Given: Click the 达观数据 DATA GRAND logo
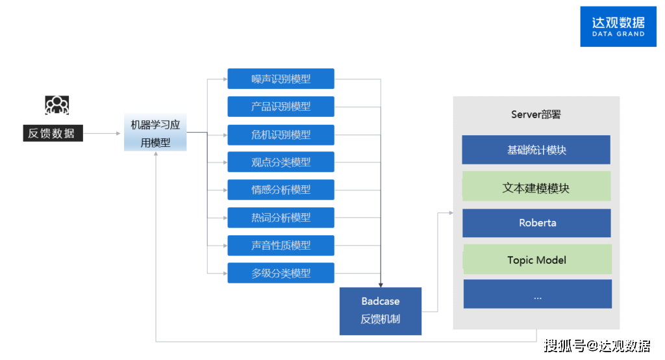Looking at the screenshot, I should (618, 27).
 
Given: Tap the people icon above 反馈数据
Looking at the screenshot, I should (56, 105).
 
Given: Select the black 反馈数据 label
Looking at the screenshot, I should (52, 134).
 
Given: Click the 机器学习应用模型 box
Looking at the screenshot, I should (155, 133).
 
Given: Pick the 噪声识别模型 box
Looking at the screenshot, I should (281, 79).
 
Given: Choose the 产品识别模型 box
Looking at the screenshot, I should (281, 107).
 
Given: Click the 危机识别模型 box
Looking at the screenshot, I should (281, 135).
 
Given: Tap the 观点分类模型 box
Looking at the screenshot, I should (281, 162).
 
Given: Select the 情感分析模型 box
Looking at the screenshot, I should (281, 190).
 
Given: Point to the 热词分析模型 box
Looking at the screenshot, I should (281, 218).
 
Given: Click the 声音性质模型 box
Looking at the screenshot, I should (281, 246).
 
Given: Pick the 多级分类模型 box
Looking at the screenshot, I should (281, 273).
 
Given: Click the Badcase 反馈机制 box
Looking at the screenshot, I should (381, 311).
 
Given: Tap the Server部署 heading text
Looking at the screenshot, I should (536, 115).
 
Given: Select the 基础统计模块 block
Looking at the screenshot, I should (536, 150).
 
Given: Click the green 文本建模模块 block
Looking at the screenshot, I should (536, 188).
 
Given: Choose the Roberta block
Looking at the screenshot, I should (536, 223).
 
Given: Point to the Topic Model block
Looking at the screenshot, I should (536, 260).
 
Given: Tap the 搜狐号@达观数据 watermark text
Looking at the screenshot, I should (597, 345).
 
